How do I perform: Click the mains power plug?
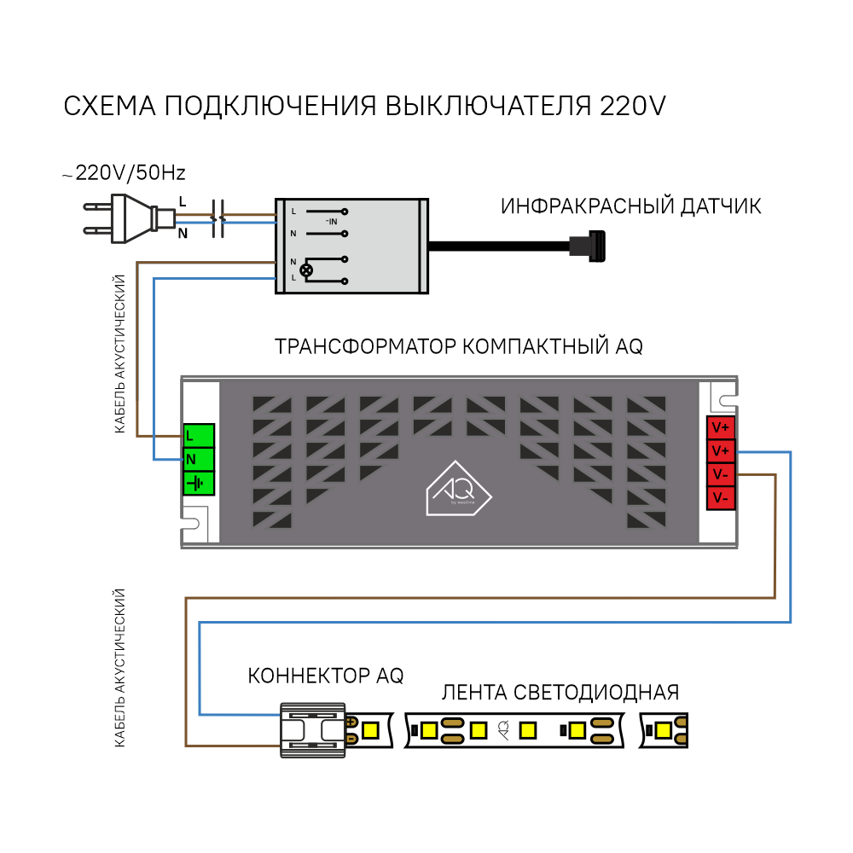(130, 218)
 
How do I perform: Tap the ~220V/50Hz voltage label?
(124, 173)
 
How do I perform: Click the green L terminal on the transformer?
(199, 435)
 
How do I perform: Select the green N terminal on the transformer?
(199, 459)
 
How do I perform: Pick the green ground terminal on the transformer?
(199, 483)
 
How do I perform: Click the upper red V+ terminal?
(721, 427)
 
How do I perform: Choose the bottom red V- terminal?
(721, 498)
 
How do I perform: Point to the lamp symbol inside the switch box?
(307, 270)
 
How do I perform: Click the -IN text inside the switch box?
(331, 222)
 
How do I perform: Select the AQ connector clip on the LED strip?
(313, 730)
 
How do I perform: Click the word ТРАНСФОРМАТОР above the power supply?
(365, 346)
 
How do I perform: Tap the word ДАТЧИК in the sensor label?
(722, 206)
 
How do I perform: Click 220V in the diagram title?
(633, 106)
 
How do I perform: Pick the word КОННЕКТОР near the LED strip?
(309, 676)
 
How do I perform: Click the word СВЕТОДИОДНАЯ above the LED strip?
(596, 693)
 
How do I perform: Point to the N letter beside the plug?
(183, 234)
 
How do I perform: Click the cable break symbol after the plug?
(218, 218)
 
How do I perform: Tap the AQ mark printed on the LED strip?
(504, 730)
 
